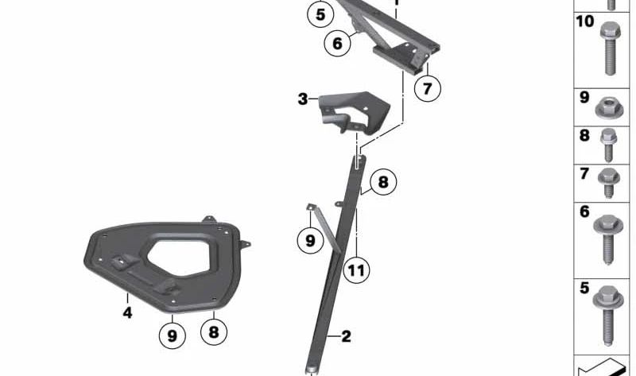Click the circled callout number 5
coord(320,14)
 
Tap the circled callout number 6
coord(337,43)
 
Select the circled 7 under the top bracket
coord(428,88)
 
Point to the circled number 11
coord(356,270)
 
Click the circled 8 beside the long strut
coord(383,182)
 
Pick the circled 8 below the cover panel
coord(214,332)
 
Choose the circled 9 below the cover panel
coord(173,335)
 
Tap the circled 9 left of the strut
coord(310,241)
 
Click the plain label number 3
coord(303,99)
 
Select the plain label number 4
coord(127,312)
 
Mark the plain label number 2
coord(346,336)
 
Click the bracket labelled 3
coord(354,112)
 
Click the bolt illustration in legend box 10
coord(610,48)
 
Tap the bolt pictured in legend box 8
coord(608,145)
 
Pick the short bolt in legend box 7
coord(609,183)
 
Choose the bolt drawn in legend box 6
coord(608,239)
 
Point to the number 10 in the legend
coord(585,21)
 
